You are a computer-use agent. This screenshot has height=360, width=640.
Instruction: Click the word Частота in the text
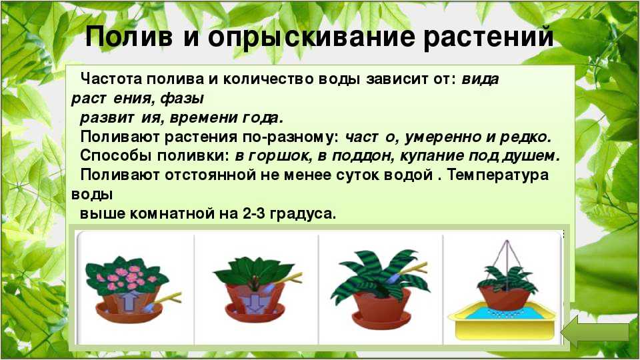coord(111,79)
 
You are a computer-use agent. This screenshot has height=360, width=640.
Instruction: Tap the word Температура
coord(497,175)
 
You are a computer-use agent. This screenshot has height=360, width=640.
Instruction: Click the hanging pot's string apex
coord(506,241)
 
